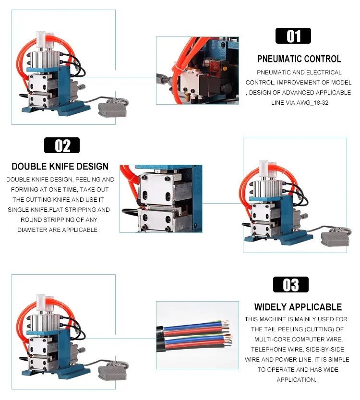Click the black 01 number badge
(x=293, y=36)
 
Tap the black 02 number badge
(x=62, y=145)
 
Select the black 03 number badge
(x=291, y=284)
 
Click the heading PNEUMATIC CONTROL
(x=299, y=59)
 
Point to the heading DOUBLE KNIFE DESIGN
(x=60, y=166)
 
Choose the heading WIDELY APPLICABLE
(x=298, y=307)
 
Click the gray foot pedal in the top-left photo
(x=112, y=109)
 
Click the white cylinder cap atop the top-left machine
(x=41, y=39)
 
